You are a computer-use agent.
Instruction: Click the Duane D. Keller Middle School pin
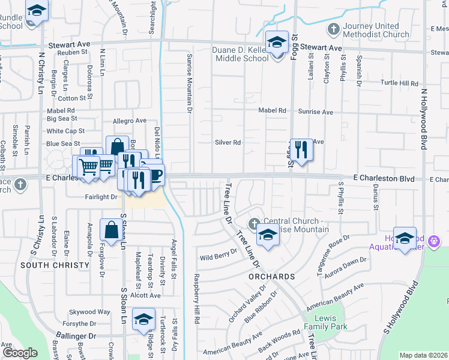pyautogui.click(x=277, y=43)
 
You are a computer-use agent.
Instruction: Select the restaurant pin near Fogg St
pyautogui.click(x=301, y=149)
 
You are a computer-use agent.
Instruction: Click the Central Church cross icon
pyautogui.click(x=255, y=223)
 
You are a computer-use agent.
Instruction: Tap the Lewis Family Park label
pyautogui.click(x=327, y=322)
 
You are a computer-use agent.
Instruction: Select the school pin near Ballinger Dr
pyautogui.click(x=143, y=319)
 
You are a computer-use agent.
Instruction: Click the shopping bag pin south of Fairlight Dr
pyautogui.click(x=112, y=229)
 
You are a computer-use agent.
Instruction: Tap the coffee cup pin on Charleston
pyautogui.click(x=155, y=175)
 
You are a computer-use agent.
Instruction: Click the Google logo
pyautogui.click(x=20, y=353)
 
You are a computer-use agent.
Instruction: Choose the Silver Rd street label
pyautogui.click(x=228, y=143)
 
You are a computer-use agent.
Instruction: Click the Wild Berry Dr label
pyautogui.click(x=215, y=257)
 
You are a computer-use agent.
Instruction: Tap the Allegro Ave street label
pyautogui.click(x=130, y=121)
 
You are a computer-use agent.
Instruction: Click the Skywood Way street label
pyautogui.click(x=89, y=312)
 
